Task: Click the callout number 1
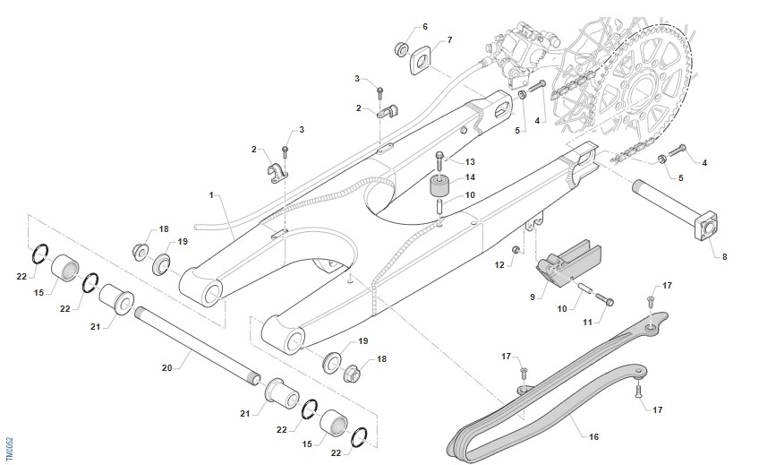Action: coord(211,194)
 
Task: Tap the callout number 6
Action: coord(424,26)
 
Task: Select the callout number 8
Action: coord(724,257)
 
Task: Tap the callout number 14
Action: coord(470,177)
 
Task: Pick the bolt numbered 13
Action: coord(439,162)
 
